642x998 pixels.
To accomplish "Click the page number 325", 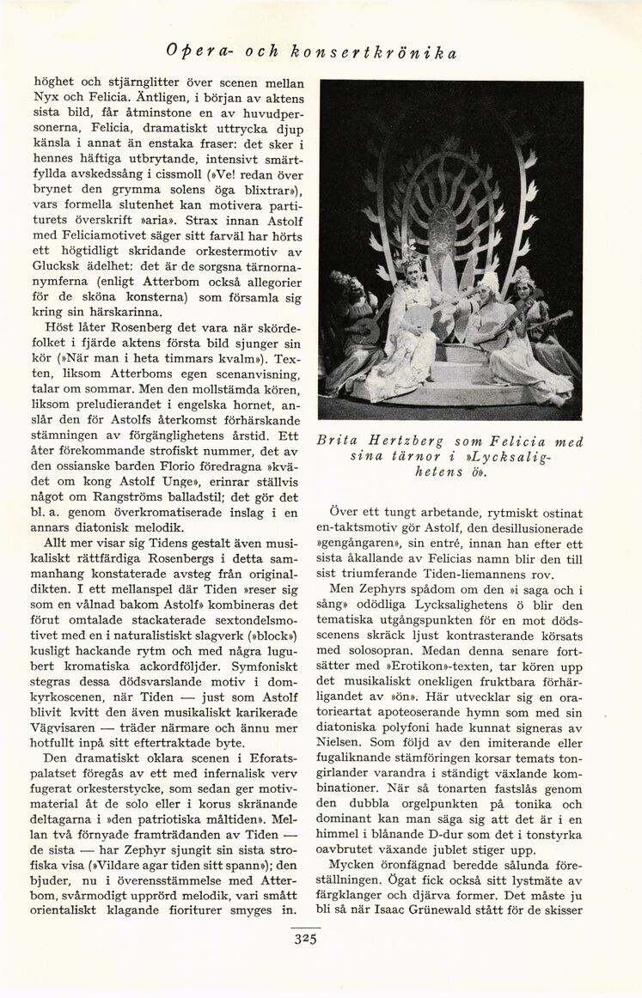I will tap(307, 939).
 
